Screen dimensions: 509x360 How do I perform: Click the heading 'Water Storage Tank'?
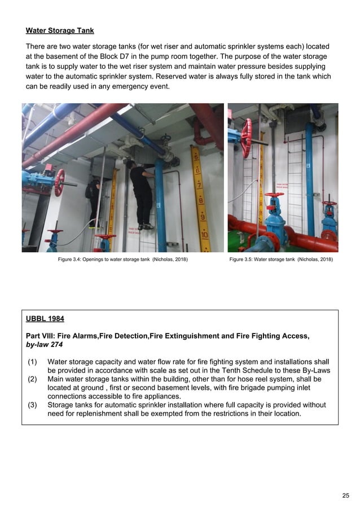pyautogui.click(x=60, y=30)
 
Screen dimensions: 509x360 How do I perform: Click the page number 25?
pyautogui.click(x=345, y=495)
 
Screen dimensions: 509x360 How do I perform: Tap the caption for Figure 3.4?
pyautogui.click(x=123, y=260)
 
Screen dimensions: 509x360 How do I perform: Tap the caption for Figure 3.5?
pyautogui.click(x=281, y=260)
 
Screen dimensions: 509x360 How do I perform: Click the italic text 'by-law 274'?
pyautogui.click(x=49, y=345)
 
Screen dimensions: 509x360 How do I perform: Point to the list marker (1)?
pyautogui.click(x=33, y=362)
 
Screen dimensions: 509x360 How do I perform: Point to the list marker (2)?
pyautogui.click(x=33, y=379)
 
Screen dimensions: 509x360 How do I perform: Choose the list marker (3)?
pyautogui.click(x=33, y=405)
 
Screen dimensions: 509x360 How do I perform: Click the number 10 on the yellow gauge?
pyautogui.click(x=204, y=234)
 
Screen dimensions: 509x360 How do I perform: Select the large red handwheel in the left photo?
pyautogui.click(x=59, y=182)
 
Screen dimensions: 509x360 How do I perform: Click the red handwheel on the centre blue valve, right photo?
pyautogui.click(x=274, y=195)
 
